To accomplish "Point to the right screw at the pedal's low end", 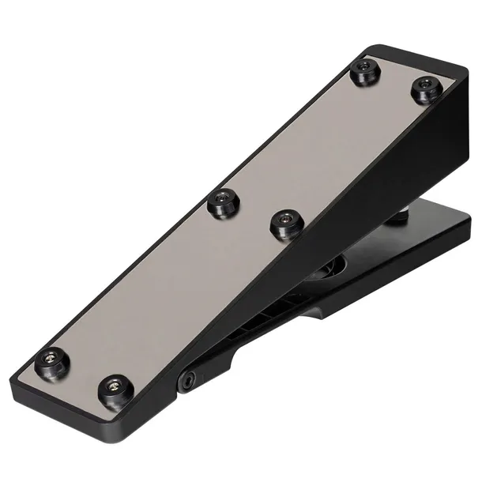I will point(115,387).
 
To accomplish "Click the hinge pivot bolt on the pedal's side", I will point(187,380).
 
